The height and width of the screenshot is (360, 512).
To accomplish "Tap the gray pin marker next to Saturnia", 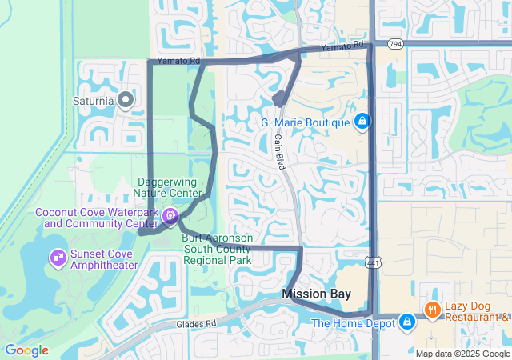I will click(125, 100).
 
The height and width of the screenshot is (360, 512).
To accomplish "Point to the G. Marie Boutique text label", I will click(306, 122).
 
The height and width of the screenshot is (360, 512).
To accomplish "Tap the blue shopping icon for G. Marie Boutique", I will click(362, 122).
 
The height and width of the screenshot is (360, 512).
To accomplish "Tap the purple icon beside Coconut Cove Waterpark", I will click(170, 216).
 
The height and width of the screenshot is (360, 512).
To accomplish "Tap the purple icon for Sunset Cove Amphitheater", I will click(57, 258).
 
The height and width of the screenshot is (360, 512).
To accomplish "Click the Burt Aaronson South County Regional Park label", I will click(217, 249).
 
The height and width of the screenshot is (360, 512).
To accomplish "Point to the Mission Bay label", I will click(316, 294).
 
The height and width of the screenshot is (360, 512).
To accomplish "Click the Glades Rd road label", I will click(197, 324).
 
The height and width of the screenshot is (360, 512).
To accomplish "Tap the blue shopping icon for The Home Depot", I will click(407, 322).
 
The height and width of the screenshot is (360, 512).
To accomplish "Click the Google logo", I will click(26, 350).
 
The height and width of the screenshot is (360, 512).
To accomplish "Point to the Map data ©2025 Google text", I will click(462, 354).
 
